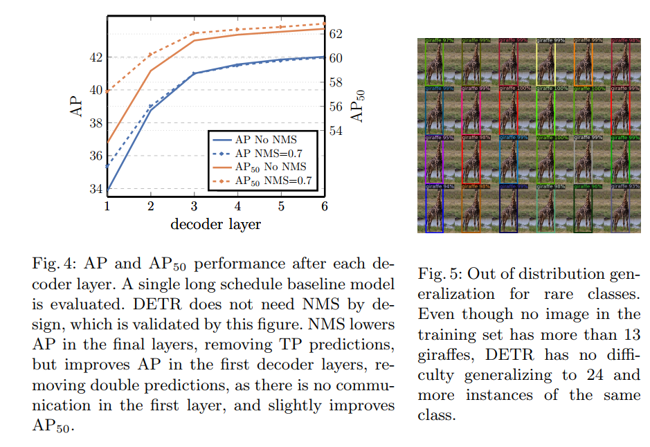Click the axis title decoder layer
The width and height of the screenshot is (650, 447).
[x=215, y=224]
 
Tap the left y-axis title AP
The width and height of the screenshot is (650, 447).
[x=77, y=107]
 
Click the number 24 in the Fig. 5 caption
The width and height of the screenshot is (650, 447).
[x=574, y=374]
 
